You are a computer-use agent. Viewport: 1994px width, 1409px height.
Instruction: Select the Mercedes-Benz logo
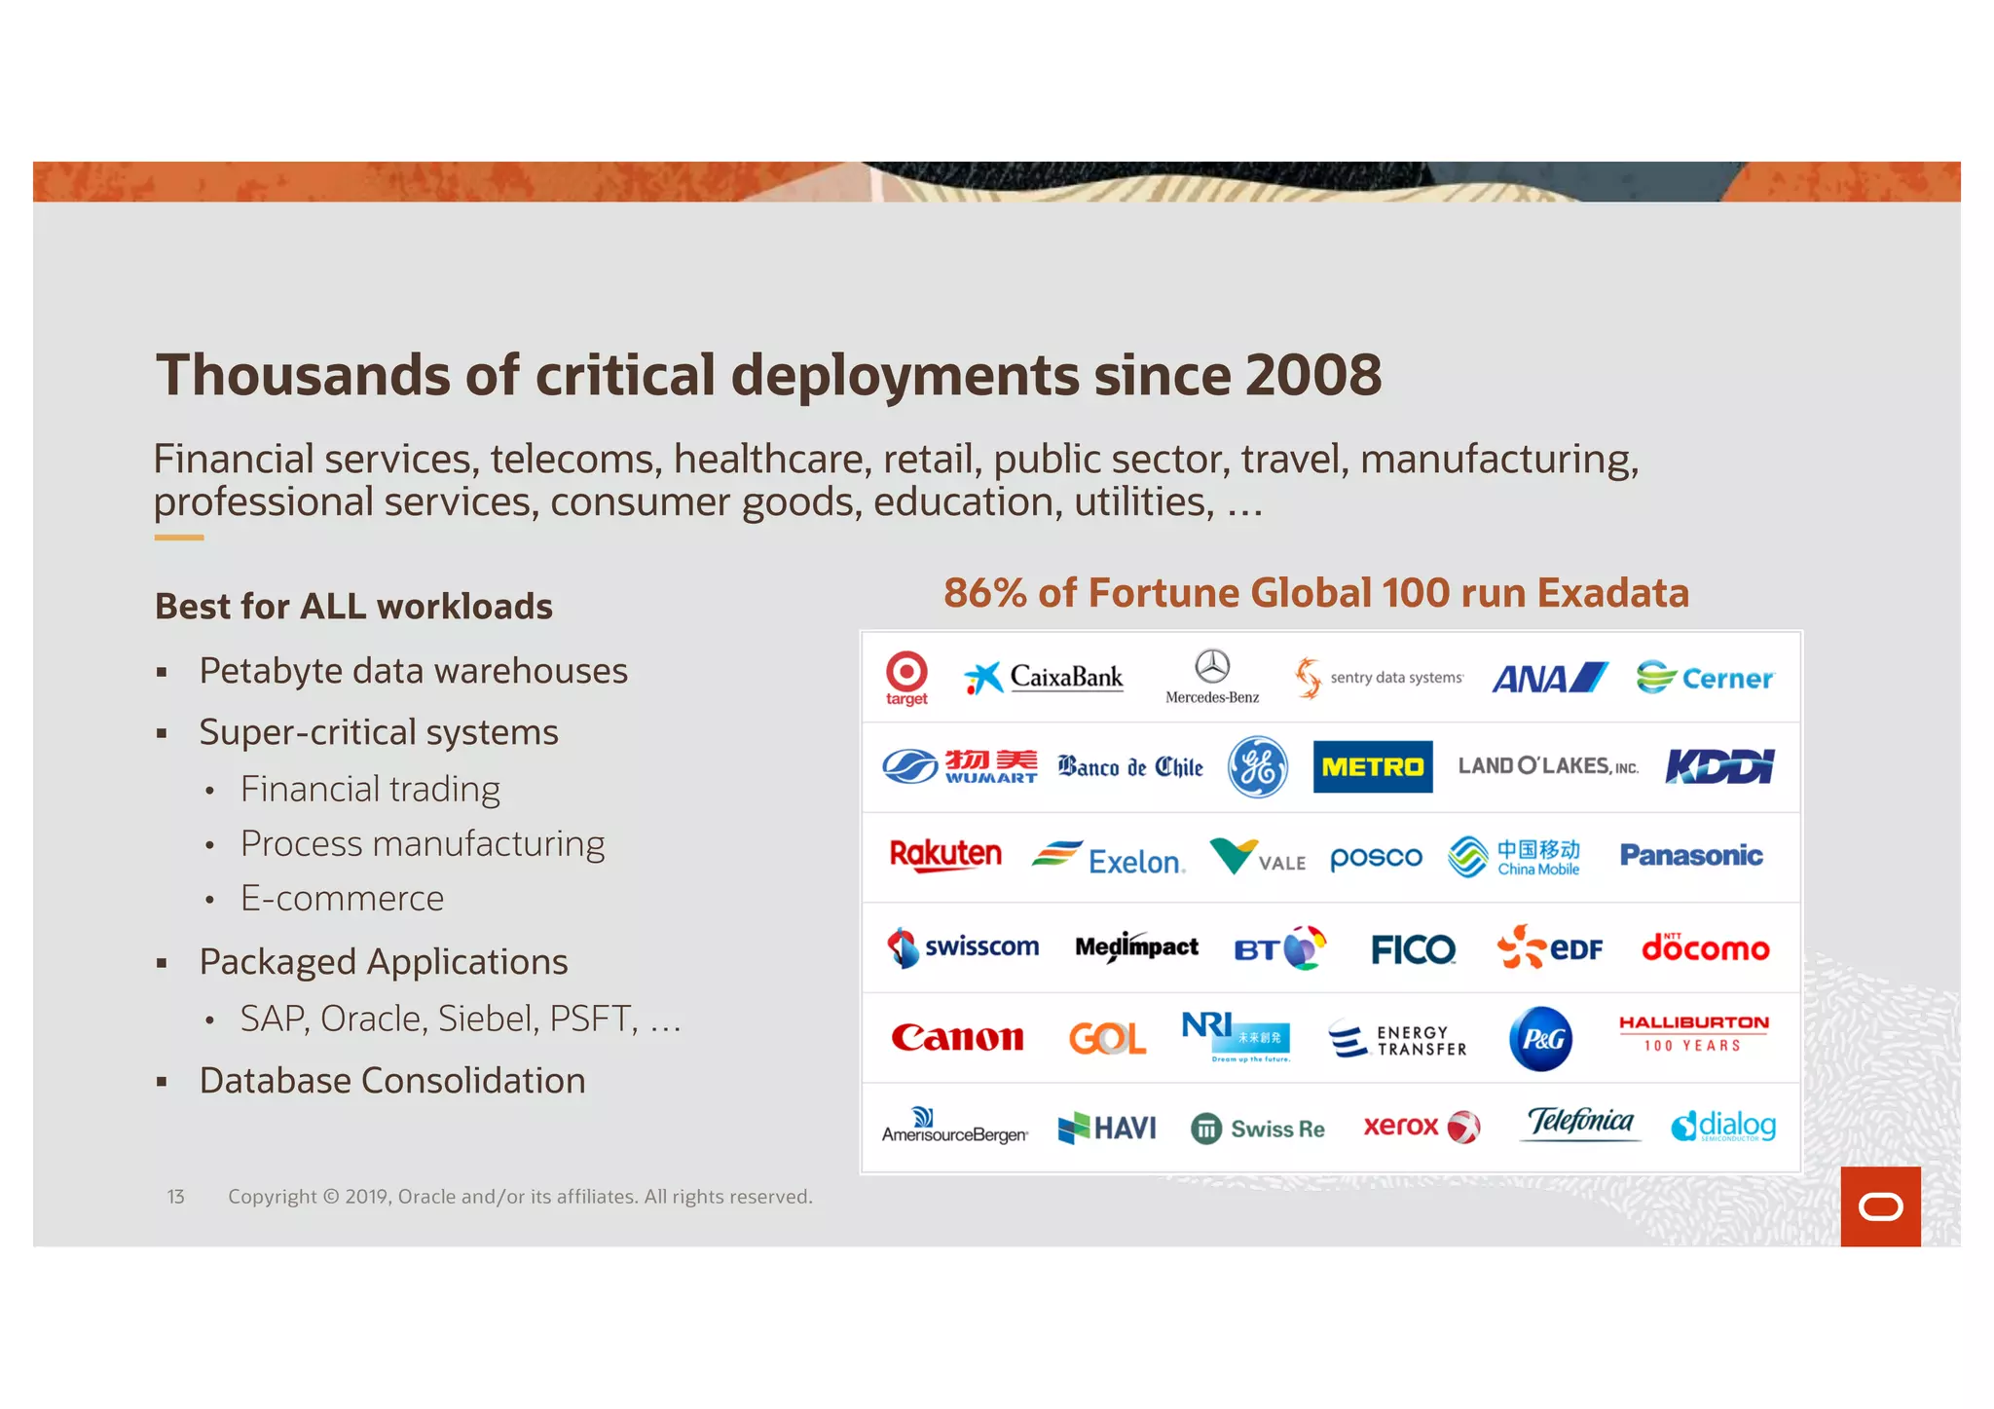[1212, 676]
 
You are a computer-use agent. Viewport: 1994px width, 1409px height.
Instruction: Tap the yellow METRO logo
[1372, 766]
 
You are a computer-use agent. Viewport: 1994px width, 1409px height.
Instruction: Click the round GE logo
[1257, 766]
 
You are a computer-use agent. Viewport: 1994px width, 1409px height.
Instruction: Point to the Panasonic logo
[1691, 856]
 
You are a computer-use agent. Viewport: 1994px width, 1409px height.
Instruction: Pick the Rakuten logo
[945, 855]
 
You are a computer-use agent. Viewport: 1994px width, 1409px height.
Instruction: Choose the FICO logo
[1413, 948]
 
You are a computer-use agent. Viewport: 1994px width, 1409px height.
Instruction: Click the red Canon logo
[957, 1038]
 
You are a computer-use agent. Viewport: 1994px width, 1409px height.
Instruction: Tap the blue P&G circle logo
[1541, 1039]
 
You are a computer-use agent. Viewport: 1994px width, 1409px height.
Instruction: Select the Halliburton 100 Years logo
[1693, 1033]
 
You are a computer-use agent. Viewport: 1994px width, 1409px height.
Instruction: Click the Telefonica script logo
[1580, 1123]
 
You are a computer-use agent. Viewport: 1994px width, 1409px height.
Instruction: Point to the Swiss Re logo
[1257, 1129]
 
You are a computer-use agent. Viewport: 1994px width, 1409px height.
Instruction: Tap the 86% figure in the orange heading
[984, 593]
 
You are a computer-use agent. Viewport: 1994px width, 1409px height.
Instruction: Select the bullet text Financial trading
[370, 789]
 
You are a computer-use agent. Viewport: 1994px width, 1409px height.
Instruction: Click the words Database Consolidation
[392, 1081]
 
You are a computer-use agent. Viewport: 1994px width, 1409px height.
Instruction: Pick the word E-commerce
[342, 898]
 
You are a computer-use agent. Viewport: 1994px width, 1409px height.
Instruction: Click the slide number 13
[175, 1197]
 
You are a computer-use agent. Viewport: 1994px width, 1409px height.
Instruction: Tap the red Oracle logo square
[1880, 1206]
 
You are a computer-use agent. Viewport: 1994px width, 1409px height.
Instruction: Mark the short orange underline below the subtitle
[179, 538]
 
